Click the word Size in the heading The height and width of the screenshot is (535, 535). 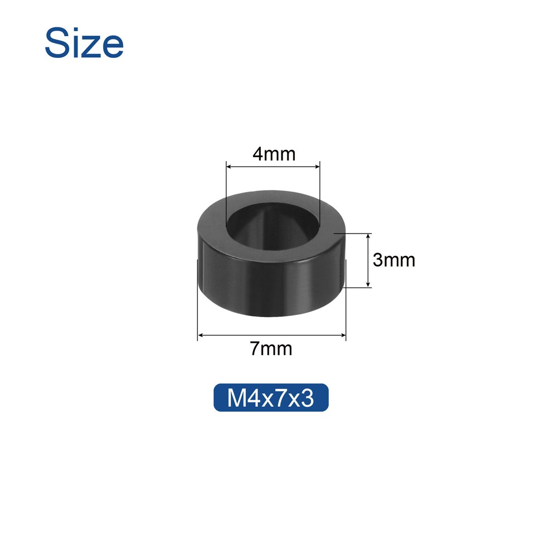pos(84,43)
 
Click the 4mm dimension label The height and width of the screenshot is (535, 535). pos(273,154)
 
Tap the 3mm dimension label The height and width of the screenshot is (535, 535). pos(394,260)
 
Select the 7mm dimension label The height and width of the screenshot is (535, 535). pos(271,349)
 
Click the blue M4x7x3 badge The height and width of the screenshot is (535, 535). pos(271,398)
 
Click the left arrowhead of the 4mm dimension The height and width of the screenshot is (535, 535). pos(229,166)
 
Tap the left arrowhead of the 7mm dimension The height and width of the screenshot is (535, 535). pos(201,335)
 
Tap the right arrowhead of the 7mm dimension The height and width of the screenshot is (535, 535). pos(343,335)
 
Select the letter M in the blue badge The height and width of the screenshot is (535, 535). pos(235,398)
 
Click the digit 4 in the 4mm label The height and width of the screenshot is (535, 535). pos(258,154)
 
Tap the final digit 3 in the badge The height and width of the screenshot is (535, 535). pos(308,398)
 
